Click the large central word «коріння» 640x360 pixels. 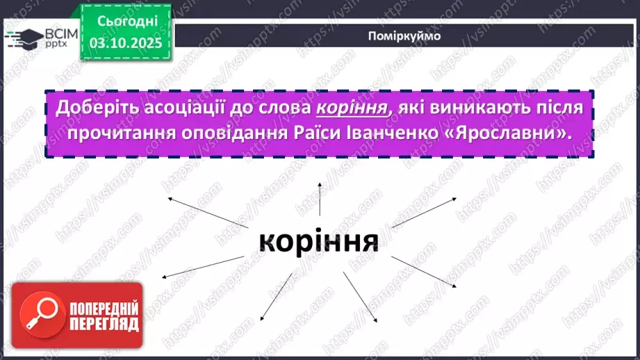pos(319,240)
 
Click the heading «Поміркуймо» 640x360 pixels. pos(403,35)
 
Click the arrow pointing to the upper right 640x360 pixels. pos(424,211)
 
